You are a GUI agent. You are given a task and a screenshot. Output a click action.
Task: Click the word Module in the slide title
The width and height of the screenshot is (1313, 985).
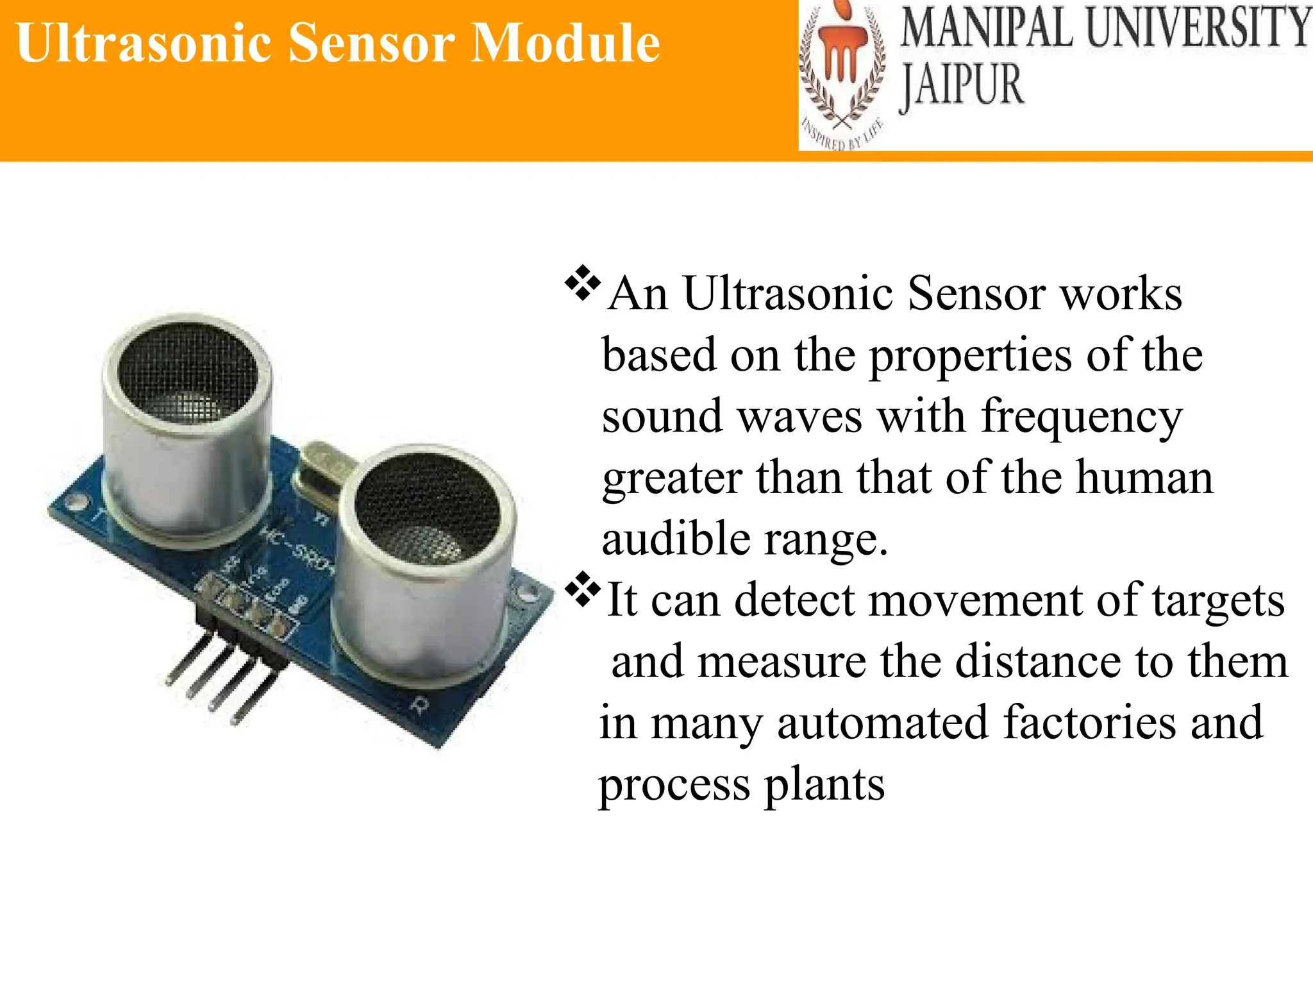pos(564,44)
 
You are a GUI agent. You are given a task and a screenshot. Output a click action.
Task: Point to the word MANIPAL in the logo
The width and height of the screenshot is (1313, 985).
pos(986,29)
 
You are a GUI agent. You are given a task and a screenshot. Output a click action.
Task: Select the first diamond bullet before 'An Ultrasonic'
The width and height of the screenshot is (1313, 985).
pos(582,283)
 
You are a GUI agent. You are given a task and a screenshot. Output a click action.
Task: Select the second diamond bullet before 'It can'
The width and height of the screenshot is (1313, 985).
pos(582,589)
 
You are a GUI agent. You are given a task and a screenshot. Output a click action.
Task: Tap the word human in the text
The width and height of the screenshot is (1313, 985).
pos(1144,478)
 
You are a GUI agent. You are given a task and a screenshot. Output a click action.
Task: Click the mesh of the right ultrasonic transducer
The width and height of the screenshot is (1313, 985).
pos(426,510)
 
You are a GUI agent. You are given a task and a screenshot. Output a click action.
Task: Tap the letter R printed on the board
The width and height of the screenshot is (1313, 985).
pos(419,705)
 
